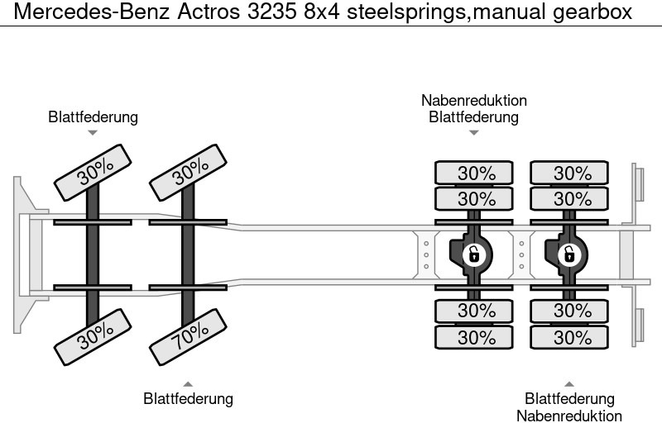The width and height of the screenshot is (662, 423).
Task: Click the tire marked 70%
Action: click(189, 334)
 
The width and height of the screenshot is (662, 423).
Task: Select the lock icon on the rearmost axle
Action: click(568, 254)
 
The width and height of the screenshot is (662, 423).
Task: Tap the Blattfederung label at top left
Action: click(93, 117)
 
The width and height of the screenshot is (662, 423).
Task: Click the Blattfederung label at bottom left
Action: click(188, 399)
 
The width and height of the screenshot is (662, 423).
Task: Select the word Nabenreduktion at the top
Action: click(473, 101)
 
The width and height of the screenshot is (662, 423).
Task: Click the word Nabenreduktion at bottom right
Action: click(569, 416)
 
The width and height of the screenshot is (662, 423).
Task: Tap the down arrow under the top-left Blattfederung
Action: click(93, 133)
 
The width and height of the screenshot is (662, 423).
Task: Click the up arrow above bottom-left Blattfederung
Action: click(188, 383)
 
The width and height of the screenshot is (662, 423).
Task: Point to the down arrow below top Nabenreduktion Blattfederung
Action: click(473, 132)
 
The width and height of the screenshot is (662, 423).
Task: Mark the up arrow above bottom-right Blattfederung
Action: click(569, 383)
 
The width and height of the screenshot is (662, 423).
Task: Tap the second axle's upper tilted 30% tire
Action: click(189, 171)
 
